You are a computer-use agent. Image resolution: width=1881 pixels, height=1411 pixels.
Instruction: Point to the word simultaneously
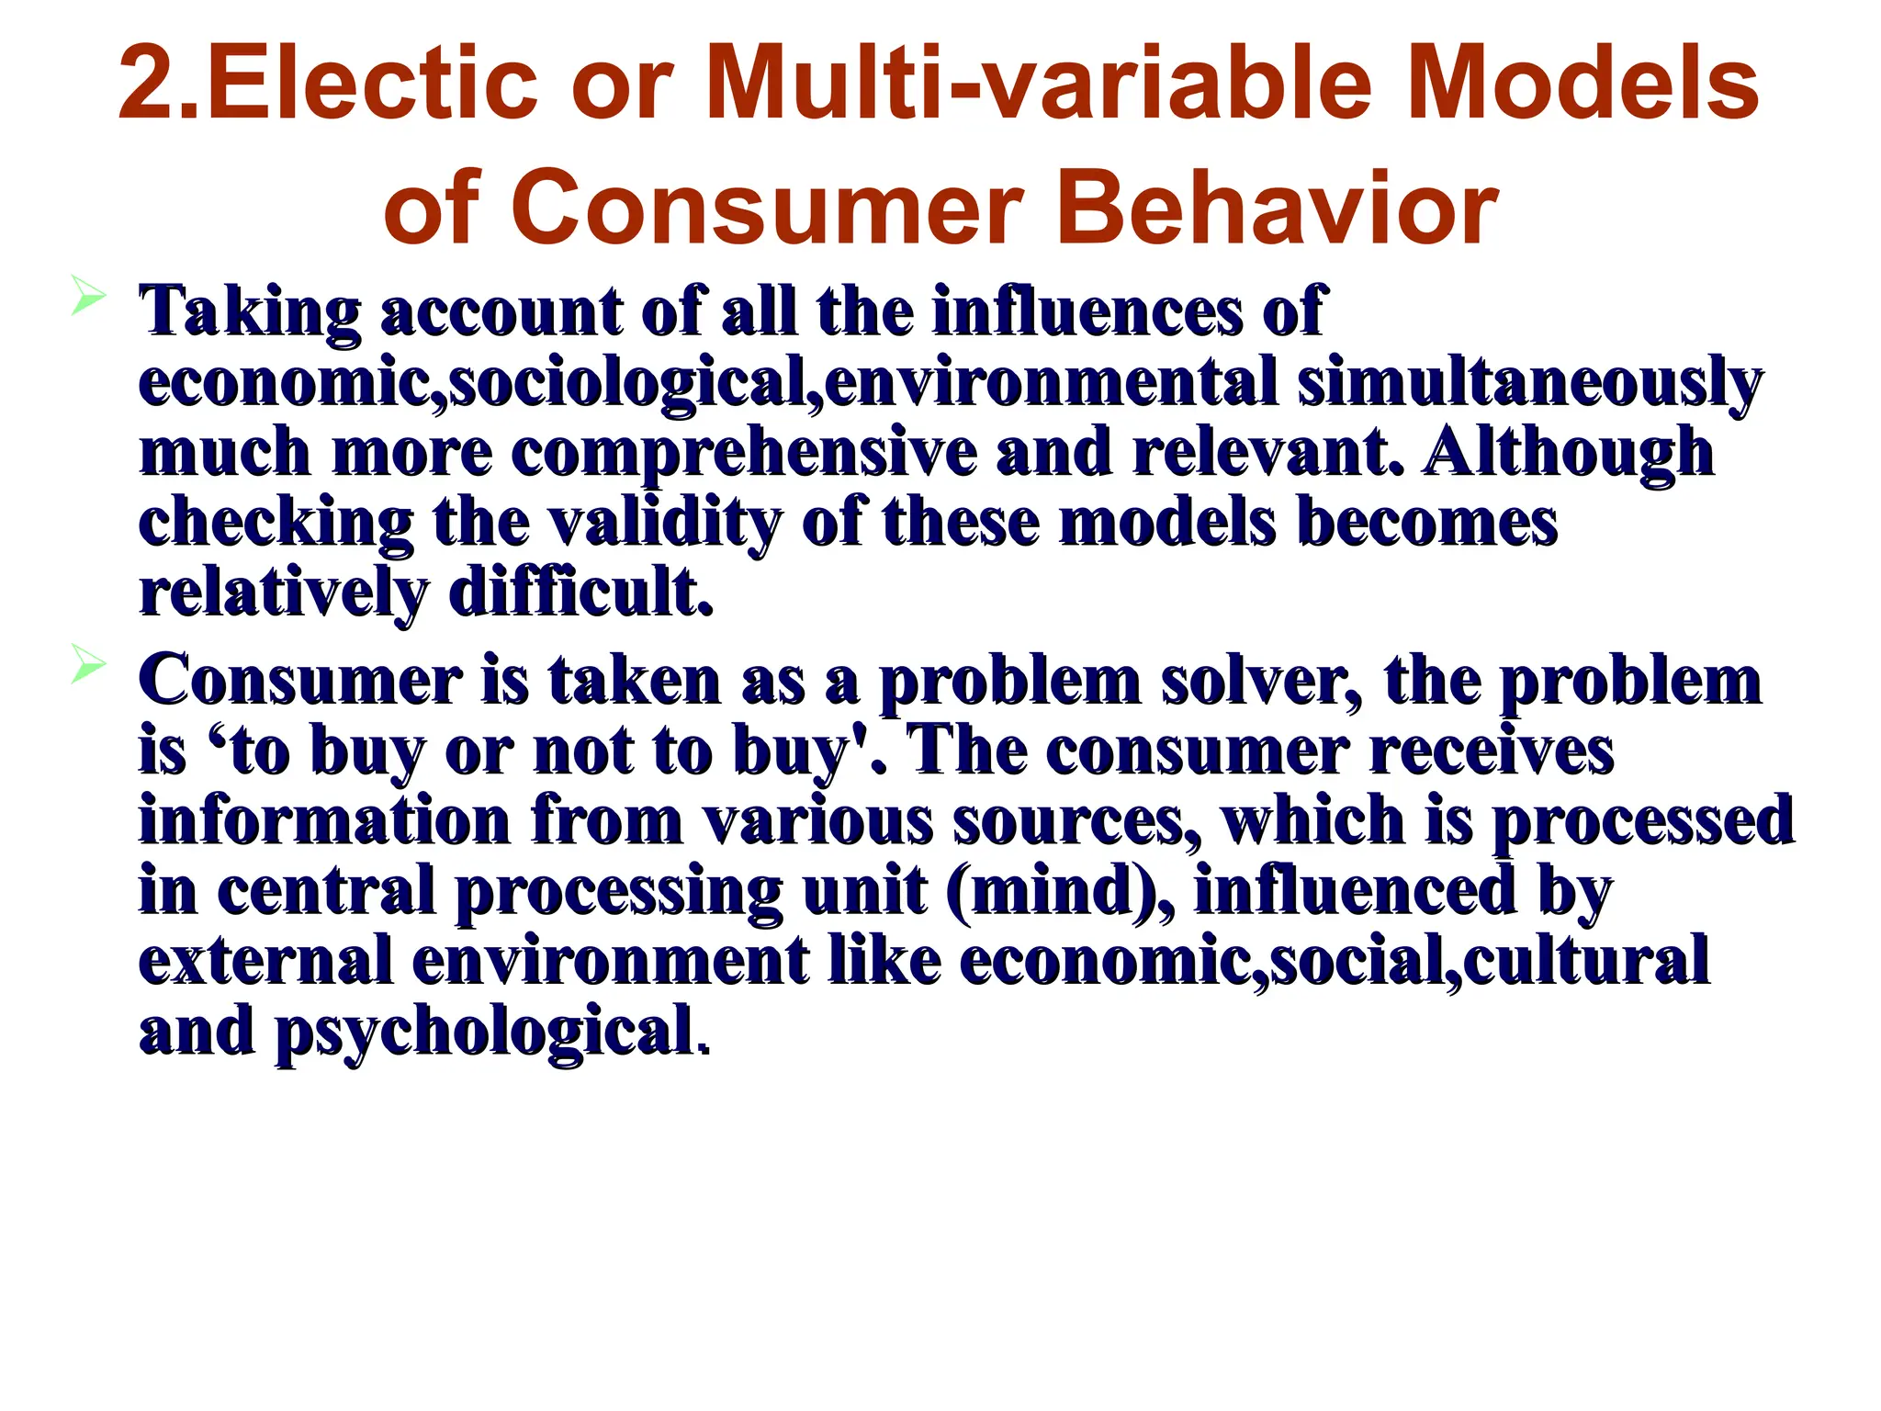(1529, 383)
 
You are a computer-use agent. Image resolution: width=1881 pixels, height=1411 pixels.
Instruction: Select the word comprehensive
(744, 453)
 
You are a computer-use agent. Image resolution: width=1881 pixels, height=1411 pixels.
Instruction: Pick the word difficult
(580, 593)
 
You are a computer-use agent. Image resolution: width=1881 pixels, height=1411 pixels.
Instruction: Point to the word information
(324, 820)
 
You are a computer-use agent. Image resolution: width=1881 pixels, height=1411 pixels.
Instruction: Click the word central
(326, 891)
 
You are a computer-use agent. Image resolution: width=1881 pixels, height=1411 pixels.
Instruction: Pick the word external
(265, 961)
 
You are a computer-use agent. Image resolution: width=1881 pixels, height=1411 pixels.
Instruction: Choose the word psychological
(484, 1032)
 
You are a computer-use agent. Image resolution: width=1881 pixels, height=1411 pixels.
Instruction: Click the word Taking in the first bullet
(249, 312)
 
